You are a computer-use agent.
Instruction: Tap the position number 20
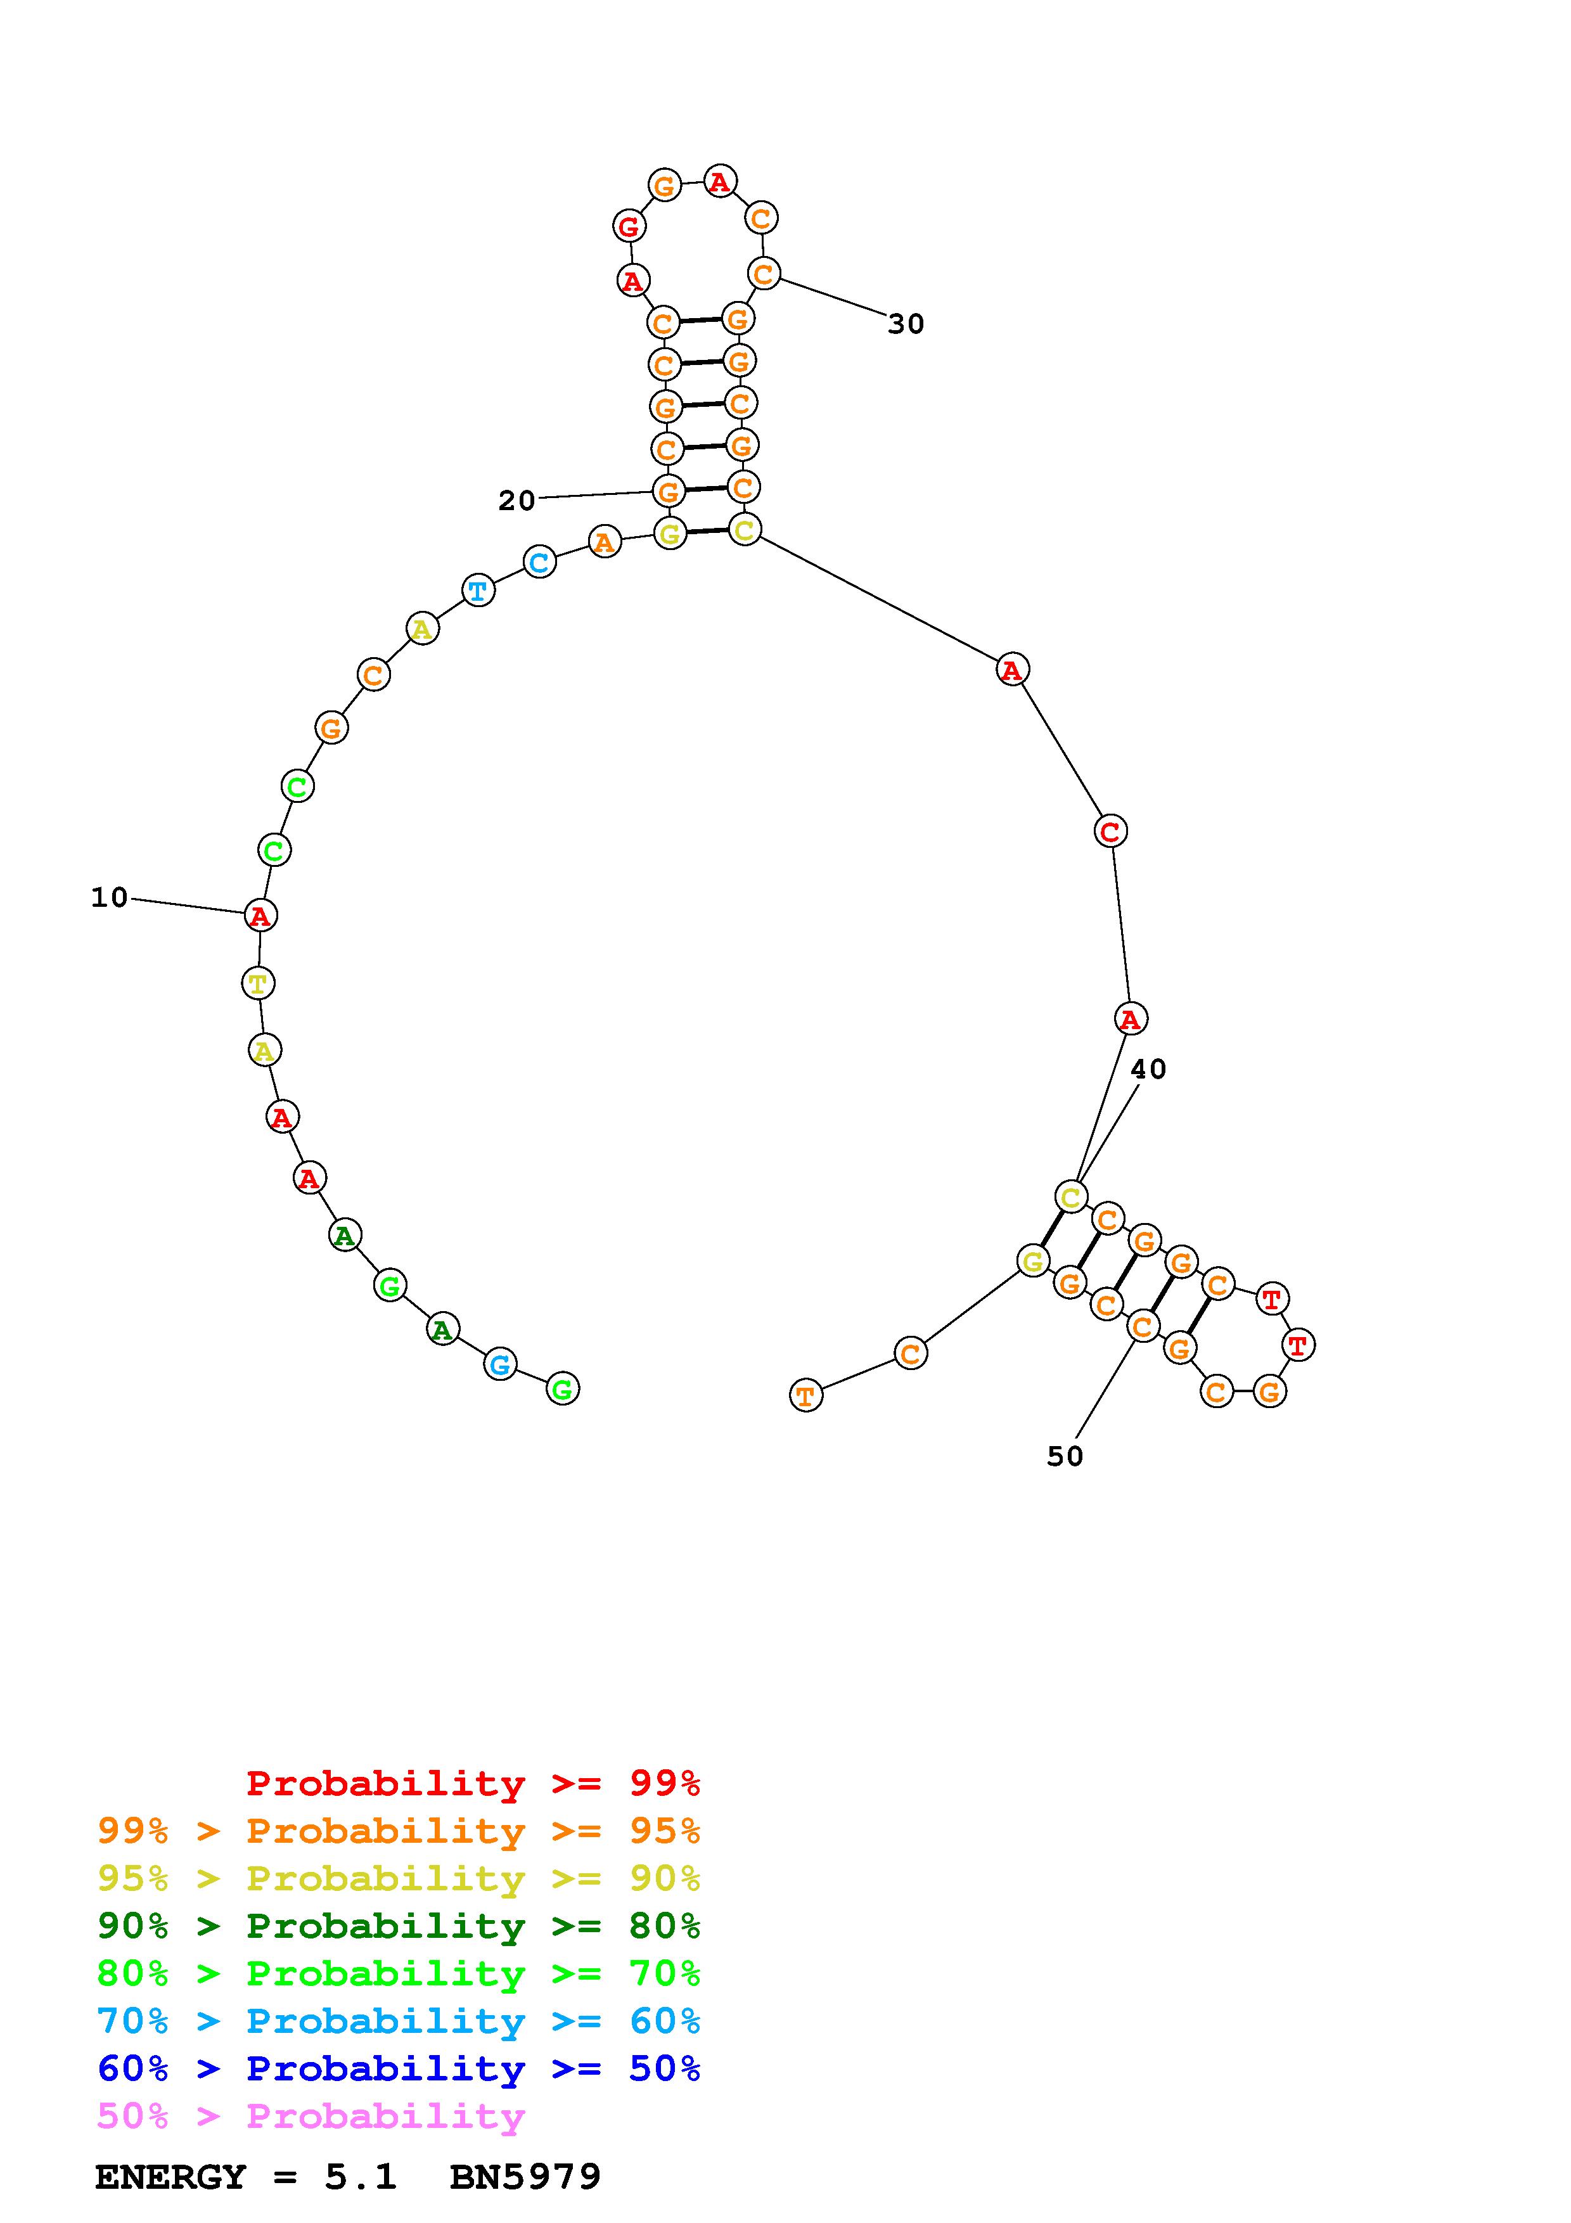tap(517, 501)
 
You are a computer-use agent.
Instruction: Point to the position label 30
tap(906, 324)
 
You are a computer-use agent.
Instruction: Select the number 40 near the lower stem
tap(1148, 1069)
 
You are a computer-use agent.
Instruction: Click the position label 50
tap(1065, 1456)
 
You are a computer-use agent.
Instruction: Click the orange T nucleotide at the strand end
tap(805, 1395)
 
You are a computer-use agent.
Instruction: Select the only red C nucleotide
tap(1110, 831)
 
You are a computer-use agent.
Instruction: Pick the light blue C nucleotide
tap(539, 561)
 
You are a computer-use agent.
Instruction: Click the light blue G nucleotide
tap(499, 1364)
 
